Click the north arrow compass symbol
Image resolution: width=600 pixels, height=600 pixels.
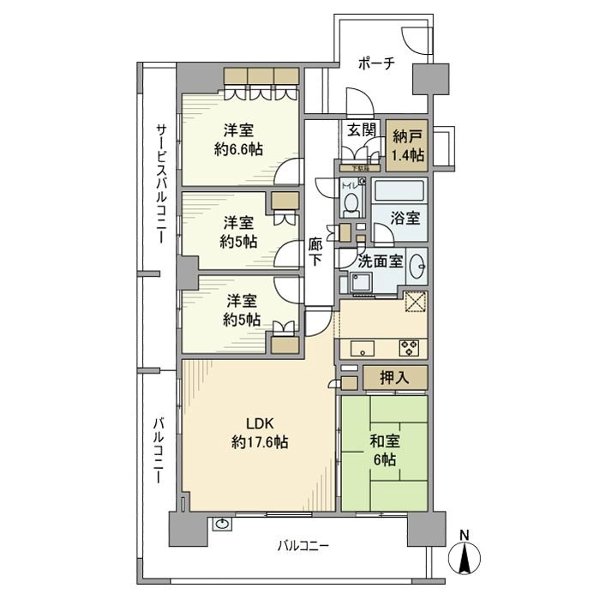[x=465, y=561]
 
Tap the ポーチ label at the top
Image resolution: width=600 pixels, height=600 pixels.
[x=376, y=64]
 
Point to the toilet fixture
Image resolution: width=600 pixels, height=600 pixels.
[x=351, y=201]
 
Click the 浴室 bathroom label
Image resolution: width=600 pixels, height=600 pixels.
[x=406, y=217]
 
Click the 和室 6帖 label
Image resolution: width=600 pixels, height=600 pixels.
[x=384, y=451]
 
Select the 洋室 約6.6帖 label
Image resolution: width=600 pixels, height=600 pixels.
[x=238, y=139]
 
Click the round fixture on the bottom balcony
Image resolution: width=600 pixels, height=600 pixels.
[x=223, y=524]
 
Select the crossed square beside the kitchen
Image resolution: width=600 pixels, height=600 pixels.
[x=416, y=303]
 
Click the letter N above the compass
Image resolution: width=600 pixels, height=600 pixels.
[x=465, y=537]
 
